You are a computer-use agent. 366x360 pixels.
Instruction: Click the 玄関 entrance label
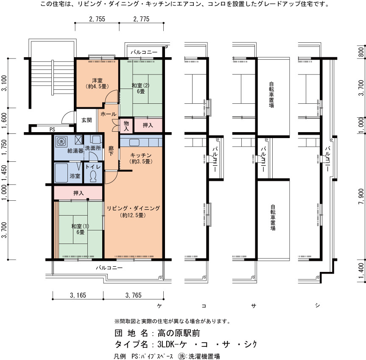click(x=87, y=120)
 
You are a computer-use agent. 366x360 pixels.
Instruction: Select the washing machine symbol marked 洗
click(x=61, y=142)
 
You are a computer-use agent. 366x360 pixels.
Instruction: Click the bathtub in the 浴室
click(x=61, y=172)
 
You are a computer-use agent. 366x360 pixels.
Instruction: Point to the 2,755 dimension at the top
click(x=97, y=19)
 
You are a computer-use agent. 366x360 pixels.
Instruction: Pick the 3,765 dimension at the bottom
click(x=134, y=295)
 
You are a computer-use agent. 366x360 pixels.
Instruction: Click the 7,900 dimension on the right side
click(x=361, y=197)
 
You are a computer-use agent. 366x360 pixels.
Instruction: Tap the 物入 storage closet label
click(x=126, y=126)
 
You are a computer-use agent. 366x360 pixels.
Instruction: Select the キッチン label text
click(x=141, y=155)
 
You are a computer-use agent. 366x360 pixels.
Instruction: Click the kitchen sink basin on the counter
click(x=134, y=142)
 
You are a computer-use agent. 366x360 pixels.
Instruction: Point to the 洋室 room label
click(x=97, y=80)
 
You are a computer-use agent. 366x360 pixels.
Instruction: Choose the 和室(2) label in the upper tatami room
click(x=140, y=85)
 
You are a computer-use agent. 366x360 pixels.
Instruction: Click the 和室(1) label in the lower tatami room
click(x=80, y=226)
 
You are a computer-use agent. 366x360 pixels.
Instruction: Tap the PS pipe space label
click(x=52, y=130)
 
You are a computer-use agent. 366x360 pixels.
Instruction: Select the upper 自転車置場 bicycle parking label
click(x=271, y=94)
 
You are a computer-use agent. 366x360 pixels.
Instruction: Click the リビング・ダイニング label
click(x=134, y=208)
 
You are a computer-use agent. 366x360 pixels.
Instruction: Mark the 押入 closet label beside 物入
click(x=148, y=125)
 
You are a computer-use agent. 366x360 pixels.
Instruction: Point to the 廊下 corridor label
click(x=111, y=151)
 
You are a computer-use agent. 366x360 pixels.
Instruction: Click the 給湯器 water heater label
click(x=75, y=151)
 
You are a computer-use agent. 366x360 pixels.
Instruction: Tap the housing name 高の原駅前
click(x=179, y=333)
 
